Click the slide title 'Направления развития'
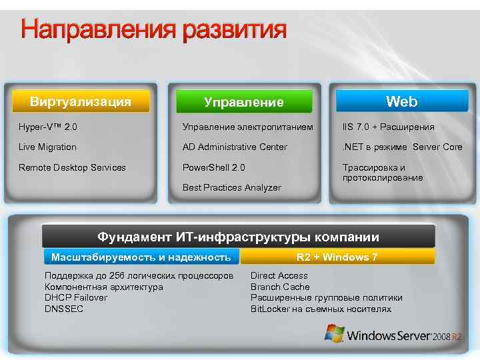(x=153, y=30)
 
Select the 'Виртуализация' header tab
(x=80, y=101)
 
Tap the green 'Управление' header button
(x=243, y=102)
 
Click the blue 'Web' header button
(x=401, y=101)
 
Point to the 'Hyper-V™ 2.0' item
(x=48, y=127)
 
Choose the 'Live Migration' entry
(x=47, y=147)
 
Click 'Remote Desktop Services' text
(x=72, y=167)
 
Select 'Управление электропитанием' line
(x=247, y=127)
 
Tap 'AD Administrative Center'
(x=235, y=147)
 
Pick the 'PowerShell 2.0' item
(x=214, y=167)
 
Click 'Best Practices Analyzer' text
(x=232, y=188)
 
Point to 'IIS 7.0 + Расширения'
(x=388, y=127)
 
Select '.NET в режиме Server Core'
(x=402, y=147)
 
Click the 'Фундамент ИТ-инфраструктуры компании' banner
(x=238, y=237)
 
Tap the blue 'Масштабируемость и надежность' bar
(x=141, y=257)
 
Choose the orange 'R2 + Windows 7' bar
(x=337, y=257)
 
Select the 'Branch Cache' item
(x=280, y=287)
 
